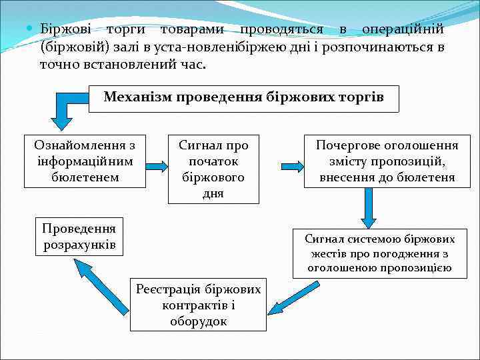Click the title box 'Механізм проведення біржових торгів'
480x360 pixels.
click(244, 99)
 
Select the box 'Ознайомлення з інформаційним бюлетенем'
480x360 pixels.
click(85, 161)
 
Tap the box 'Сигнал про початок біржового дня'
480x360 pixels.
click(213, 169)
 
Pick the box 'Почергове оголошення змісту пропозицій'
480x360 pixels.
click(387, 161)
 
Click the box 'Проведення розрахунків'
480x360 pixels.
click(79, 237)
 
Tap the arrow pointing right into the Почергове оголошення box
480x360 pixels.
click(291, 165)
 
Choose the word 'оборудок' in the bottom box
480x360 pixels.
click(199, 321)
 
